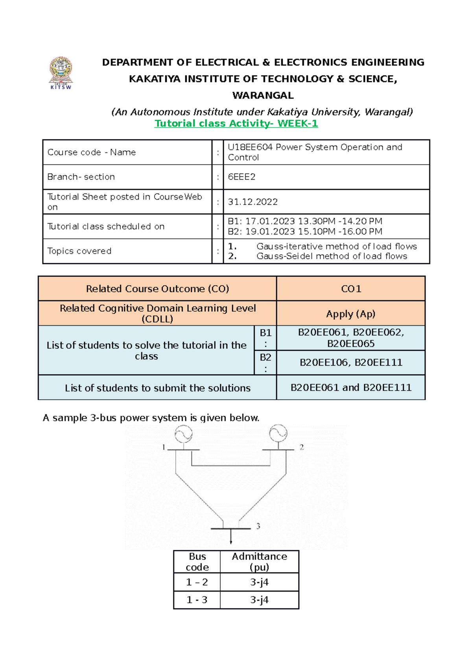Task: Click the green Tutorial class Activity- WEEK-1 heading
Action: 236,123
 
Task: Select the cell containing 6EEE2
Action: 326,177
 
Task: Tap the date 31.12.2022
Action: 253,202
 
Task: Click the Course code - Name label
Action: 91,152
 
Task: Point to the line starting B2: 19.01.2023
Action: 305,232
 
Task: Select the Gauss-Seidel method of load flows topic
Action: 332,256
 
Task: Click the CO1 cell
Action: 351,289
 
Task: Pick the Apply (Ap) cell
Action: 351,314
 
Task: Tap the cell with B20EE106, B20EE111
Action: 351,363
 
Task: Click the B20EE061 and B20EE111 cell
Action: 351,388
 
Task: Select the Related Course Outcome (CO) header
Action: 157,289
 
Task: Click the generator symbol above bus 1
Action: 184,434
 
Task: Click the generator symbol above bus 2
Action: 278,433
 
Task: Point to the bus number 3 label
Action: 258,526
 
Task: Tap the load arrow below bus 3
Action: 231,537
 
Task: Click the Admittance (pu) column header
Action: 259,562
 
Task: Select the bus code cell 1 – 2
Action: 197,582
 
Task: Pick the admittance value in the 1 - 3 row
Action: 259,600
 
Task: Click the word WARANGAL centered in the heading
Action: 263,95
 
